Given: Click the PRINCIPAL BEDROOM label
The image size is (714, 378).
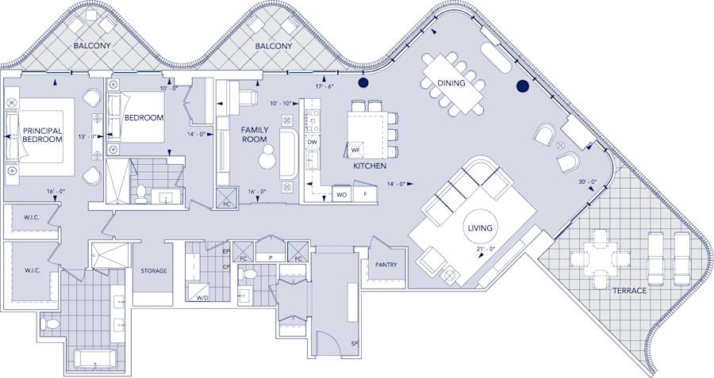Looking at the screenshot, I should tap(43, 135).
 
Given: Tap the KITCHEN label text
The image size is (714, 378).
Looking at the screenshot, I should tap(370, 166).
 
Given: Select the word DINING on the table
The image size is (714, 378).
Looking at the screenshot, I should tap(451, 83).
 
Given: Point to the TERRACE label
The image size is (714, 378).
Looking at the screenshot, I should tap(630, 291).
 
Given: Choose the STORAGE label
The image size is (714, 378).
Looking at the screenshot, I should tap(154, 271).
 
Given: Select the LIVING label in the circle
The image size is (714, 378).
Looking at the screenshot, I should tap(481, 228).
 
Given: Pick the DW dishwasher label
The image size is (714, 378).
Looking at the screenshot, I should tap(313, 142).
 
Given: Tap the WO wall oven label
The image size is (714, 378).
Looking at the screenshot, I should tap(341, 193).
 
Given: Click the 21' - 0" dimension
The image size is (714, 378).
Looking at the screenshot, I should tap(486, 250).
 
